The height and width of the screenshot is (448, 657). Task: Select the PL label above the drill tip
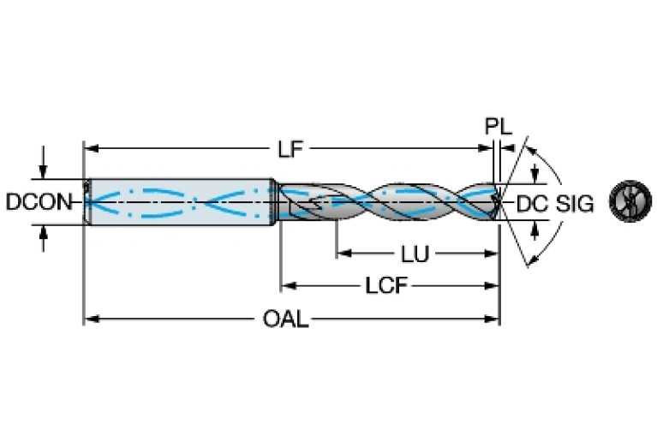pos(498,128)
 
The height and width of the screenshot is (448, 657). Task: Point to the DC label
pos(531,203)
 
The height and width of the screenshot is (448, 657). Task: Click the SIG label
pos(574,203)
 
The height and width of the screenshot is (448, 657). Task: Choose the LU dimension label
pos(415,254)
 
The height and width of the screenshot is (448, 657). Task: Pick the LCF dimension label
pos(387,286)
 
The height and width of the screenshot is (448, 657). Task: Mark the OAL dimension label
pos(286,320)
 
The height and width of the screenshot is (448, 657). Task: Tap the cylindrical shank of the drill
pos(180,202)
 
